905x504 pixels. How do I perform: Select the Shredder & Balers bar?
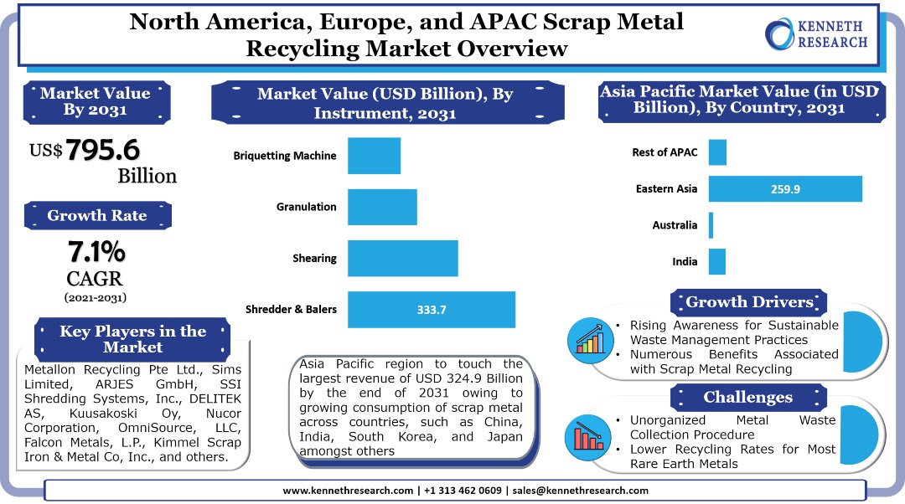pyautogui.click(x=432, y=310)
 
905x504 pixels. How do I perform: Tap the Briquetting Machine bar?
pyautogui.click(x=374, y=156)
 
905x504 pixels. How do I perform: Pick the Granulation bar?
pyautogui.click(x=382, y=207)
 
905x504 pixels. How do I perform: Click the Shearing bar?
pyautogui.click(x=403, y=258)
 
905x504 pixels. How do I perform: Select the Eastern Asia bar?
pyautogui.click(x=785, y=189)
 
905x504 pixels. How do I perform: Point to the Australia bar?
pyautogui.click(x=711, y=225)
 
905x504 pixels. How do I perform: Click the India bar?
pyautogui.click(x=716, y=261)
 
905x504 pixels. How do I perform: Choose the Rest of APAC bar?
pyautogui.click(x=717, y=152)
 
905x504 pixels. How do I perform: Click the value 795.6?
pyautogui.click(x=103, y=150)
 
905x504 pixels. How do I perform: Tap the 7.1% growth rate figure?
pyautogui.click(x=96, y=250)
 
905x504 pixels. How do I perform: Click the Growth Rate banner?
pyautogui.click(x=97, y=215)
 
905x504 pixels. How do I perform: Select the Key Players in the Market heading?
pyautogui.click(x=132, y=338)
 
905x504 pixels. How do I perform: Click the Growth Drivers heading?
pyautogui.click(x=749, y=302)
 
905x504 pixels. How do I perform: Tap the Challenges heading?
pyautogui.click(x=749, y=397)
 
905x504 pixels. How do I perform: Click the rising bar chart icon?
pyautogui.click(x=591, y=338)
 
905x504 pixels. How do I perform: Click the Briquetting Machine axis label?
pyautogui.click(x=285, y=156)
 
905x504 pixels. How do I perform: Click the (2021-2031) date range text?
pyautogui.click(x=96, y=297)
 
